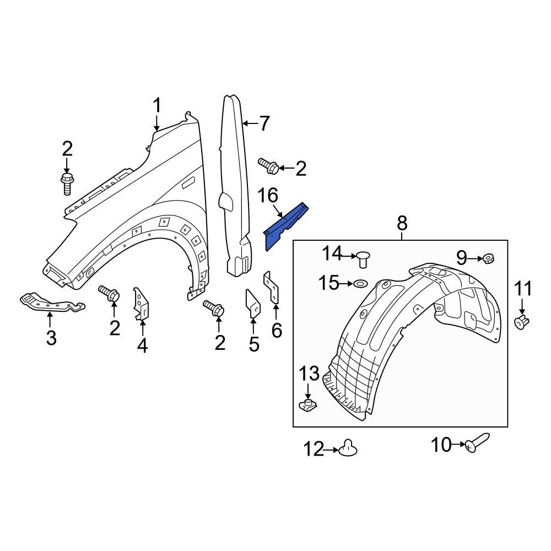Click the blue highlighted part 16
pos(285,226)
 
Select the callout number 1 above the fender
pos(157,105)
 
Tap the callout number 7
pos(264,124)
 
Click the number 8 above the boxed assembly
pos(402,223)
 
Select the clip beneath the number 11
pos(521,321)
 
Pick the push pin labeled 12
pos(348,449)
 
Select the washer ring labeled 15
pos(361,284)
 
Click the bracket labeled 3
pos(51,302)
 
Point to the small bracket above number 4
pos(141,303)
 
